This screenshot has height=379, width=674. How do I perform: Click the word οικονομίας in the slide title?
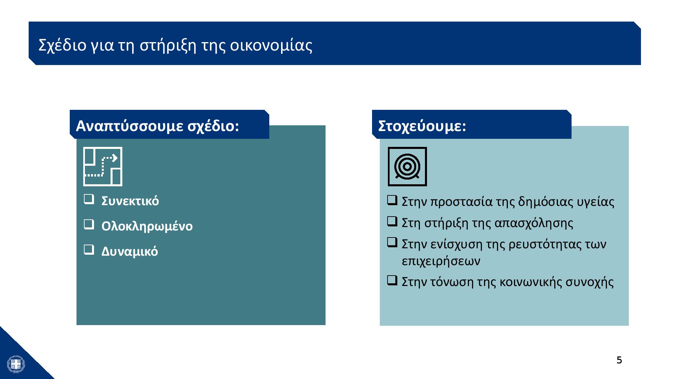pos(271,45)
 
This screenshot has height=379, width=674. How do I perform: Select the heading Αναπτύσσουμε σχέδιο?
pos(157,126)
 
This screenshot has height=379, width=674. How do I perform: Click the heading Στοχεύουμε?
pos(422,126)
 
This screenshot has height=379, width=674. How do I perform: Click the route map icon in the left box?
pos(103,166)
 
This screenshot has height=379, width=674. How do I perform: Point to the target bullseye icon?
pos(407,166)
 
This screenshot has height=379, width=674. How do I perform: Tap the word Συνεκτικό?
pos(130,201)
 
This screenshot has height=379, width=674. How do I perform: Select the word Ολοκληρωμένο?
pos(147,226)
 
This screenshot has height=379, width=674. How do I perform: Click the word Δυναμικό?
pos(130,252)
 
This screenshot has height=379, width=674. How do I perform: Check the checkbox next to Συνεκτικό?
pos(89,199)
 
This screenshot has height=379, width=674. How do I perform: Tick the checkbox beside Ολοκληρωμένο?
pos(89,224)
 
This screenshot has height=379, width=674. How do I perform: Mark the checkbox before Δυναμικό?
pos(89,250)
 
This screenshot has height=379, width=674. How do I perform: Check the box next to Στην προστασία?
pos(392,200)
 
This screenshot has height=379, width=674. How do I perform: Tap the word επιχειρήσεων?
pos(441,261)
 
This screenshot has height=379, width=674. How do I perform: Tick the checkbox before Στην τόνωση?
pos(392,280)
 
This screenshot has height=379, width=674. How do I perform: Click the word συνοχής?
pos(589,282)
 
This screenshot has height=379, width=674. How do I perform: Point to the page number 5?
pos(619,360)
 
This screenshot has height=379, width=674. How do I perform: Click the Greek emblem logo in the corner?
pos(16,364)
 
